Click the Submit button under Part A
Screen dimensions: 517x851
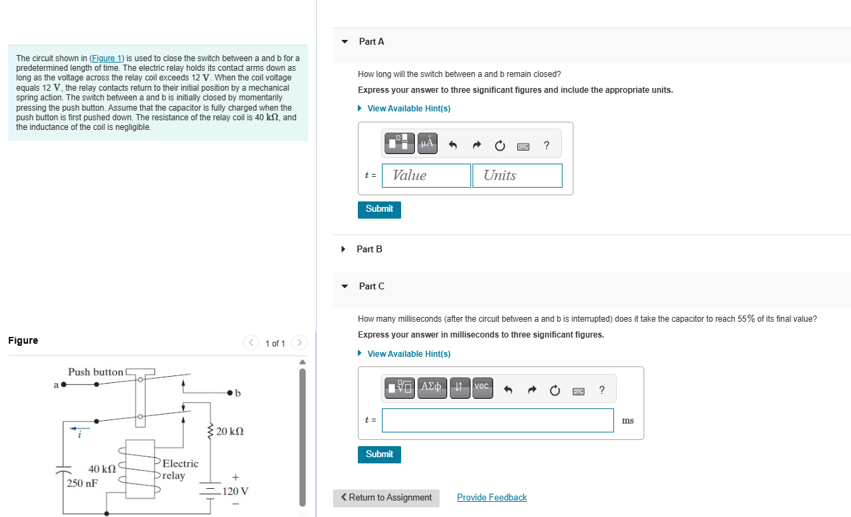tap(379, 209)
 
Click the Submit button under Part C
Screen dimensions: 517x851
tap(379, 454)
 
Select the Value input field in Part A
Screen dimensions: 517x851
tap(427, 175)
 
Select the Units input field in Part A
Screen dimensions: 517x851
tap(517, 175)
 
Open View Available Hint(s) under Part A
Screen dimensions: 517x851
tap(409, 109)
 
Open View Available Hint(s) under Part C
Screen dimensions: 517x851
tap(409, 354)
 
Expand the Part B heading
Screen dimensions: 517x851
tap(370, 249)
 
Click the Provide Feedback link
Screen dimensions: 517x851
tap(492, 498)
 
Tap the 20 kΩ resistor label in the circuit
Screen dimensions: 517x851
tap(229, 431)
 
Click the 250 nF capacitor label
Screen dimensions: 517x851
tap(82, 483)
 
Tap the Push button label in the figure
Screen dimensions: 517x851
tap(95, 372)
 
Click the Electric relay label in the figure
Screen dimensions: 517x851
tap(180, 470)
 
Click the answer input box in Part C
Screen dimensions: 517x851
tap(497, 421)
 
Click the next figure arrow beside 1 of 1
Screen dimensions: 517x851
tap(299, 343)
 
